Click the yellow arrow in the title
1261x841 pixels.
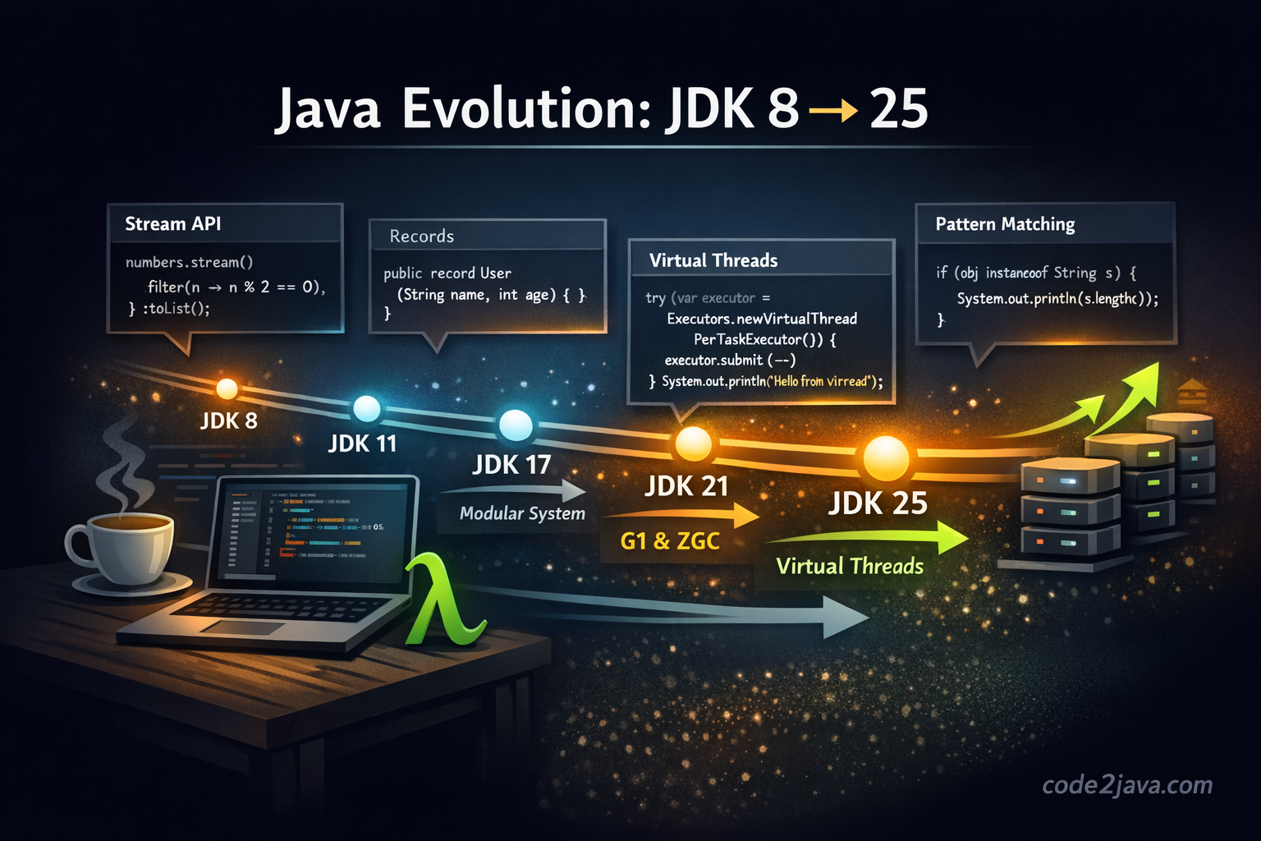[x=833, y=110]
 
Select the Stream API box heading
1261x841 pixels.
[x=172, y=224]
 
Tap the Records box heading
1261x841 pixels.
[x=421, y=237]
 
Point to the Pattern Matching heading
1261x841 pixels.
[x=1005, y=224]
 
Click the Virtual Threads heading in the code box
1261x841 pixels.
[x=713, y=260]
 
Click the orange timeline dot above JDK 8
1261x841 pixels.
[x=227, y=388]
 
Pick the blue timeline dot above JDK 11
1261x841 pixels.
[x=366, y=408]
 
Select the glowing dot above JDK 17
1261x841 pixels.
[x=516, y=425]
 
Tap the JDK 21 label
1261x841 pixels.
[x=686, y=486]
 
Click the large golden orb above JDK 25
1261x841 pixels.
[x=886, y=457]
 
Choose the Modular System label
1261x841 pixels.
[x=522, y=513]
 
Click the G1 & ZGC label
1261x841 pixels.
[x=670, y=541]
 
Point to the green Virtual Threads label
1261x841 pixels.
[x=850, y=566]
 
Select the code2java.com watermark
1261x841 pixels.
[x=1126, y=785]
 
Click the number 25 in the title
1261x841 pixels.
[x=898, y=108]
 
